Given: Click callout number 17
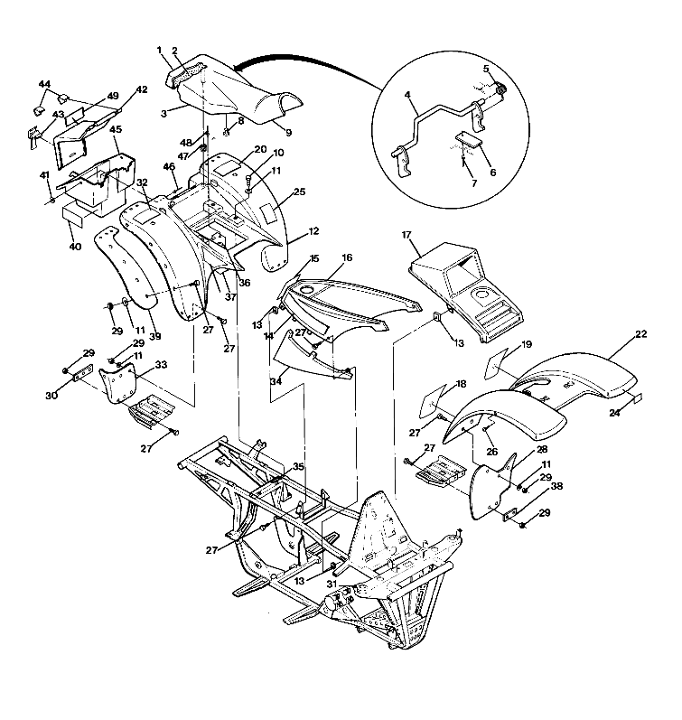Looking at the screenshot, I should coord(407,236).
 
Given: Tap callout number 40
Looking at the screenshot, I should coord(75,246).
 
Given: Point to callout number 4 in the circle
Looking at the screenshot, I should coord(407,95).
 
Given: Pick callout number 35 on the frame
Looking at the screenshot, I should coord(299,467).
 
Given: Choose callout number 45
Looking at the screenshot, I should coord(116,129).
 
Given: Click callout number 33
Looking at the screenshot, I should coord(161,365).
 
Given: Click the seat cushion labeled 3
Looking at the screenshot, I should coord(244,99).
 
